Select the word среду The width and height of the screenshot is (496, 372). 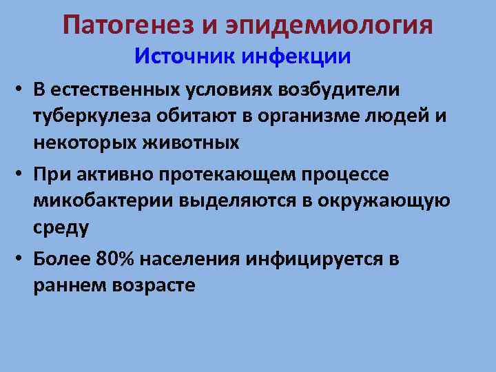click(x=61, y=227)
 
